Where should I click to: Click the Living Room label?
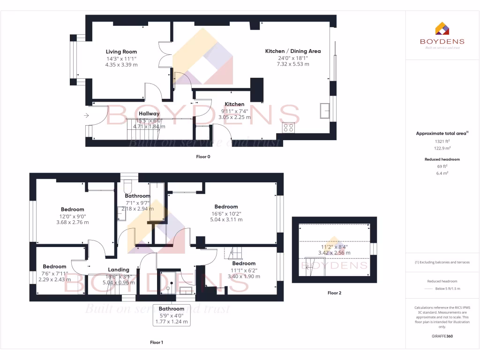click(x=121, y=52)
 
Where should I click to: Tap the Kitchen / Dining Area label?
click(x=293, y=51)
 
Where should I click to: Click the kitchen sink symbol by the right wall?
click(x=324, y=110)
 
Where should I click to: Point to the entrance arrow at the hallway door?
click(x=87, y=115)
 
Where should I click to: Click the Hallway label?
click(x=149, y=113)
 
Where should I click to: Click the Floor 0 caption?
click(x=203, y=157)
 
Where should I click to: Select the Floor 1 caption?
click(x=157, y=343)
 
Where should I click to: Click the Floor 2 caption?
click(x=334, y=293)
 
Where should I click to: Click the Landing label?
click(x=119, y=270)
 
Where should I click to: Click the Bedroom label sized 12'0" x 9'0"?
click(x=72, y=210)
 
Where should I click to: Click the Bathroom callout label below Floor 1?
click(x=171, y=309)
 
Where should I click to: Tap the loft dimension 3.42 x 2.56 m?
click(x=335, y=253)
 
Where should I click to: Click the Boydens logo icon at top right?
click(x=442, y=29)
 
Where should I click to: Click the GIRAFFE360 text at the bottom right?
click(x=442, y=336)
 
